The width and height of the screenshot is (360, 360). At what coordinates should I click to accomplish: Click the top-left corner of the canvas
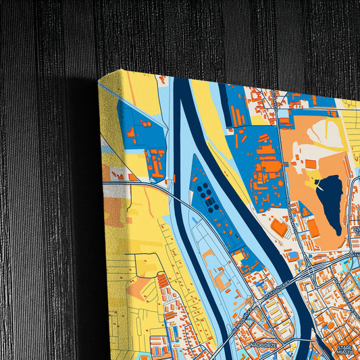[99, 80]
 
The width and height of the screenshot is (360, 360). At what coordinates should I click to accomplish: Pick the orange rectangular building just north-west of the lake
[311, 163]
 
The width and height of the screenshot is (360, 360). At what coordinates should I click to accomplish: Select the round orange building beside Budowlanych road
[279, 228]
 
